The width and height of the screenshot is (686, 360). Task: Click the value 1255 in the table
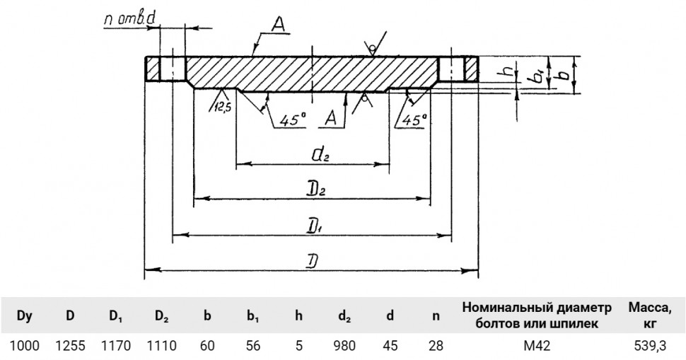point(71,346)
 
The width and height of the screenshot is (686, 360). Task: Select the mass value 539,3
point(650,346)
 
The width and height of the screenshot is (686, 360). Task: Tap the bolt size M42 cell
point(537,346)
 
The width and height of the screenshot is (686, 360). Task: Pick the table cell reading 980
point(344,346)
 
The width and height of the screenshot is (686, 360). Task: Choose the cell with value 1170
point(116,346)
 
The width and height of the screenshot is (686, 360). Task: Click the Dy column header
point(25,316)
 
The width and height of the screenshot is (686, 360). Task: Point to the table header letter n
point(436,316)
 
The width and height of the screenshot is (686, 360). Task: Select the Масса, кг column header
point(650,315)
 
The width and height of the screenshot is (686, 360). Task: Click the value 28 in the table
point(436,346)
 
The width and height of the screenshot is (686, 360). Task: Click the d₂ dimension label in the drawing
point(320,155)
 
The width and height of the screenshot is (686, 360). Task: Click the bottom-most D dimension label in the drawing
point(311,261)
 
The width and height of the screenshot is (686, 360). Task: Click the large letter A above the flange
point(278,25)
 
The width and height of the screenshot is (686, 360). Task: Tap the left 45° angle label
point(292,119)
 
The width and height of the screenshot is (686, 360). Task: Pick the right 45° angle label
point(414,119)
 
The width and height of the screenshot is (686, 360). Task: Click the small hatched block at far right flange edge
point(471,69)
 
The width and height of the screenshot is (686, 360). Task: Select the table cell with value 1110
point(161,346)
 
